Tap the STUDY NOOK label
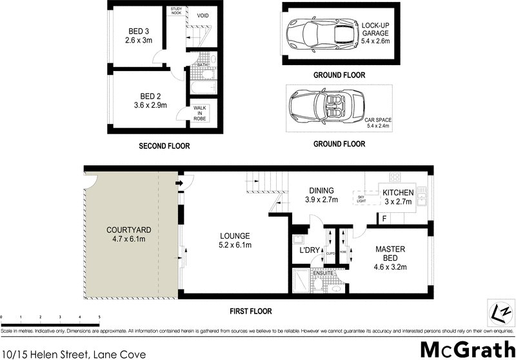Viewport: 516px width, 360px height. point(176,12)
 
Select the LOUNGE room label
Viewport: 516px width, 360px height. point(235,240)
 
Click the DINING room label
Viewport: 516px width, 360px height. point(321,195)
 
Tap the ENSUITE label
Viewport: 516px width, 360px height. point(322,274)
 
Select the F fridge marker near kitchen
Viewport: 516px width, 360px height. point(384,219)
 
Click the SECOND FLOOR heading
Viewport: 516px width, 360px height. point(164,146)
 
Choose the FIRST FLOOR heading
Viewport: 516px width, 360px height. point(251,312)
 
